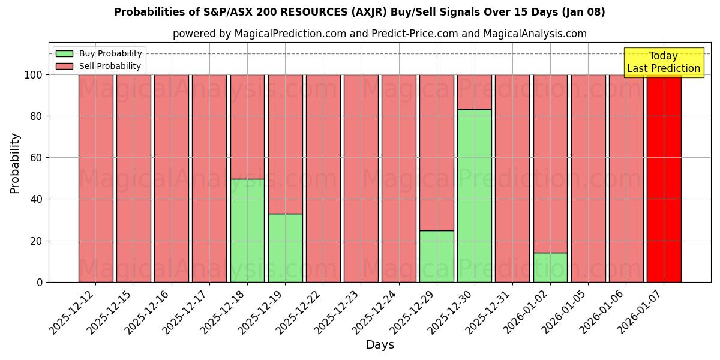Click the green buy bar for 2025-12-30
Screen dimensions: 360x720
(x=474, y=196)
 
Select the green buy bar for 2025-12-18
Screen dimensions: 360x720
(x=247, y=230)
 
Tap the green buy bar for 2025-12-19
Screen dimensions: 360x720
(x=285, y=248)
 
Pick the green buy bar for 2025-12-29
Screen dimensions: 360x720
(x=436, y=256)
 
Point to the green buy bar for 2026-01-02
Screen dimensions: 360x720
(x=550, y=267)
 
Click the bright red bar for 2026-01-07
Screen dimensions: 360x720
(x=664, y=178)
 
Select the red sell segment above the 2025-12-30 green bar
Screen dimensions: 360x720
(x=474, y=92)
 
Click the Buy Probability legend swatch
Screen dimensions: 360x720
(x=64, y=53)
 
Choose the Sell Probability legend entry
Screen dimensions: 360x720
(x=110, y=66)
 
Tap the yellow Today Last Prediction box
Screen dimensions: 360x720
(x=664, y=63)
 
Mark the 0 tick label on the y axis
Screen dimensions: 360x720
(x=39, y=283)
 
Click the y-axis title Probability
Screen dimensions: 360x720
(x=15, y=163)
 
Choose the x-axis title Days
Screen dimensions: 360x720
(x=380, y=345)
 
